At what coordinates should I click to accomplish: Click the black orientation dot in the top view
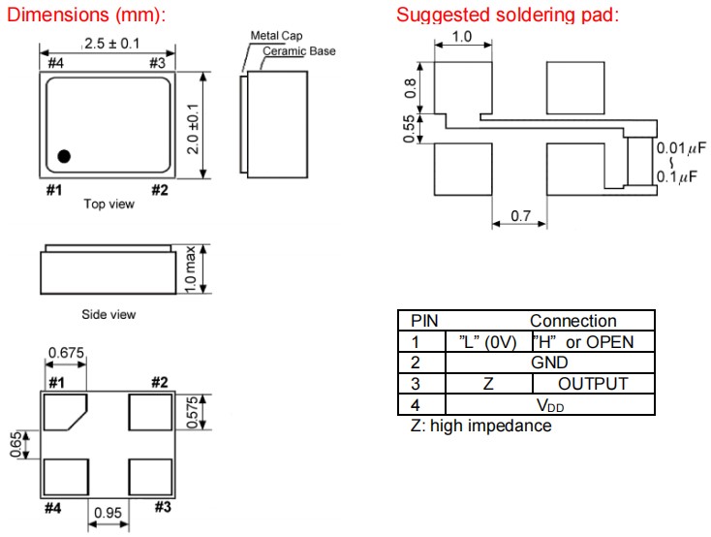64,155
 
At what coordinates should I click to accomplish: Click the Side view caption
108,314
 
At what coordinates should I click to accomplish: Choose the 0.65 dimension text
16,445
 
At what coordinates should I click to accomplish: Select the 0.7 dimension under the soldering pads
520,216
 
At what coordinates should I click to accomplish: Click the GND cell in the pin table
549,362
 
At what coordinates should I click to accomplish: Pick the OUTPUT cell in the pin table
592,383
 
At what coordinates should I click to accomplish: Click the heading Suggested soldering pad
508,15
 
